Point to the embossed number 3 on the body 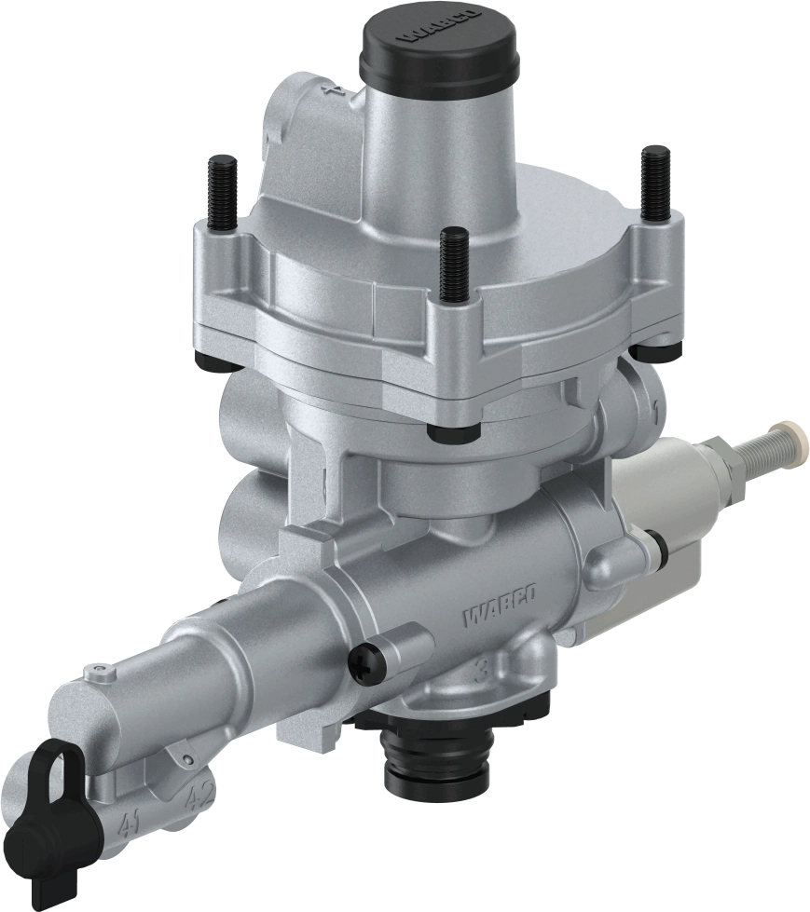tap(481, 668)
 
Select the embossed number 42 tap(197, 797)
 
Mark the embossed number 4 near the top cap tap(328, 90)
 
